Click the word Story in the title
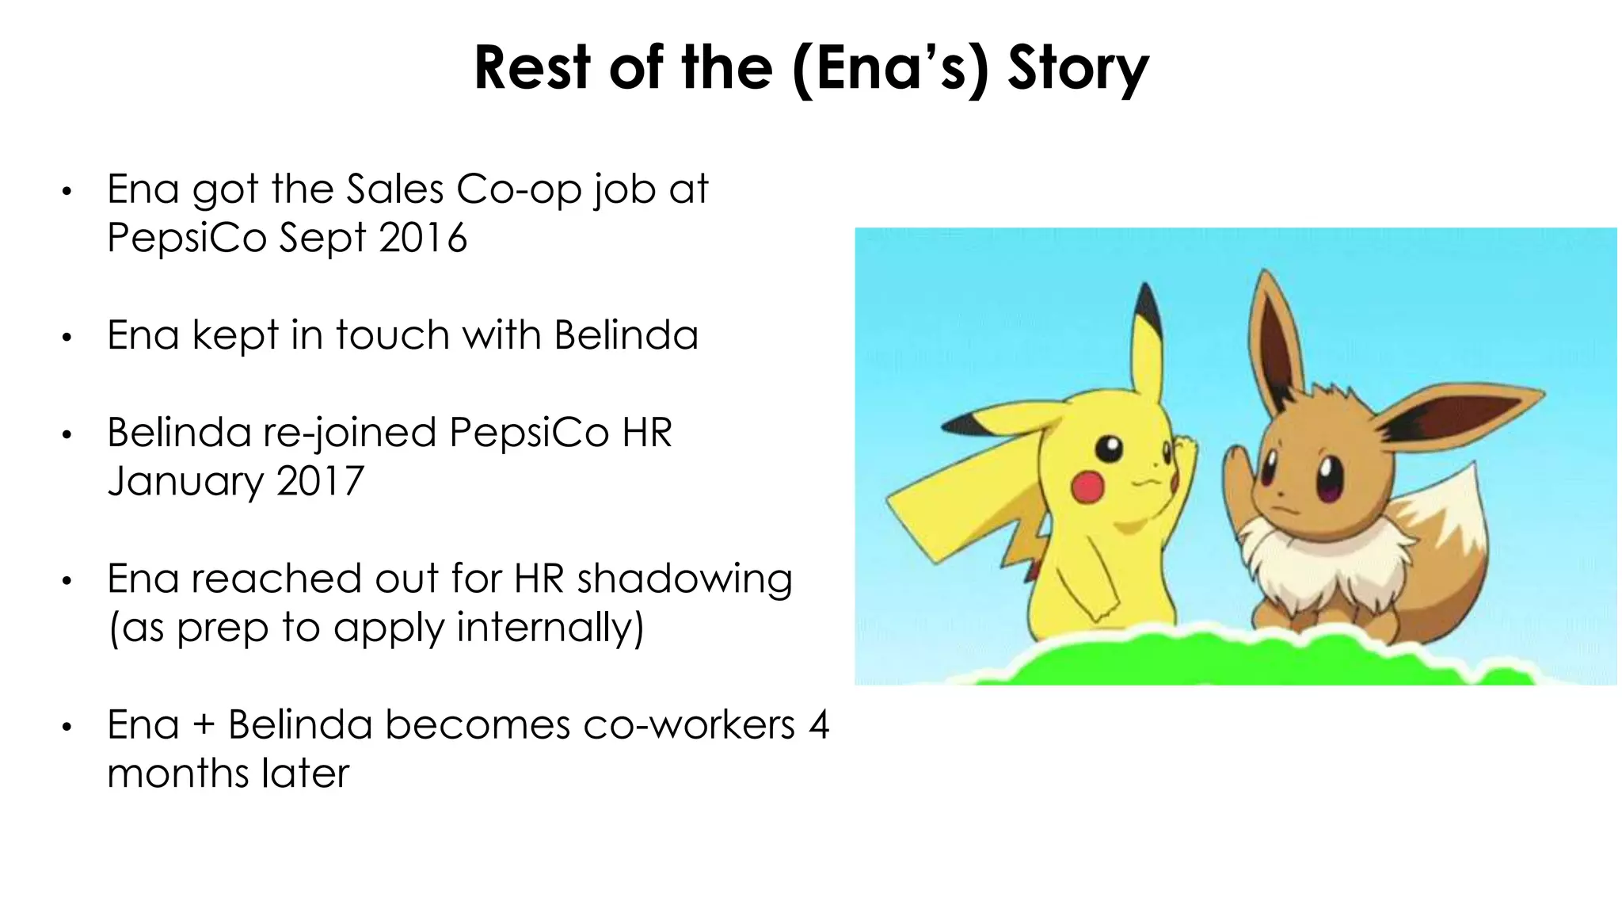click(1077, 70)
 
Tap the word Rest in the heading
click(532, 68)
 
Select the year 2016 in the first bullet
click(423, 238)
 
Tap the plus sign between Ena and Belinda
click(204, 725)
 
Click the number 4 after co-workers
click(819, 724)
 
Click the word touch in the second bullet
click(392, 335)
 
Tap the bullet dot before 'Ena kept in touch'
click(67, 338)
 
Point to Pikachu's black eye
click(1109, 449)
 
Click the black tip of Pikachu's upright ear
click(1148, 309)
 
